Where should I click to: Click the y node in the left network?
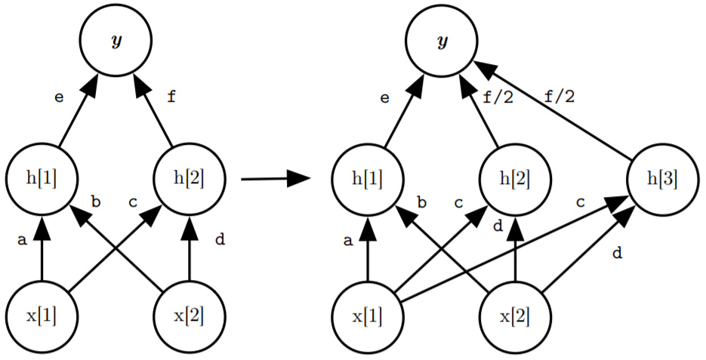tap(116, 41)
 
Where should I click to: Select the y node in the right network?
tap(441, 41)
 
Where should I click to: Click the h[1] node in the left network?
tap(42, 178)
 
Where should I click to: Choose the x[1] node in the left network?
tap(42, 315)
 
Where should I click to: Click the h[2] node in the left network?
tap(189, 178)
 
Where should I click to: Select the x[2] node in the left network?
tap(189, 315)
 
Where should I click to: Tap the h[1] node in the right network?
tap(367, 179)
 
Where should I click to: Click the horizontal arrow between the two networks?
tap(276, 179)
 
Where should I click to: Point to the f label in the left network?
tap(171, 97)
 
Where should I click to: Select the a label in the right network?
tap(347, 242)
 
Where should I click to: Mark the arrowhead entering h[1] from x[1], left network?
tap(42, 222)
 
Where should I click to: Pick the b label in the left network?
tap(96, 202)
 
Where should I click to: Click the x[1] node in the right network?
tap(367, 315)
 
